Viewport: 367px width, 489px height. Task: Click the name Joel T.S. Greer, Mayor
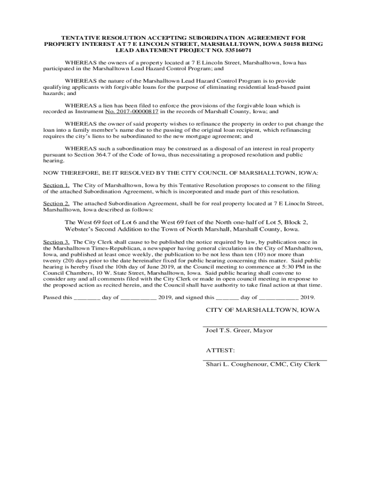coord(239,330)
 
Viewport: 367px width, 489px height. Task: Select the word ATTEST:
coord(217,350)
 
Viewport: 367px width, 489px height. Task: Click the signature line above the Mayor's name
coord(265,326)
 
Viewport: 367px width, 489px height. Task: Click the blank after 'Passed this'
coord(87,297)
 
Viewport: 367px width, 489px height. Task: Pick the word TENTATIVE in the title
coord(81,37)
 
